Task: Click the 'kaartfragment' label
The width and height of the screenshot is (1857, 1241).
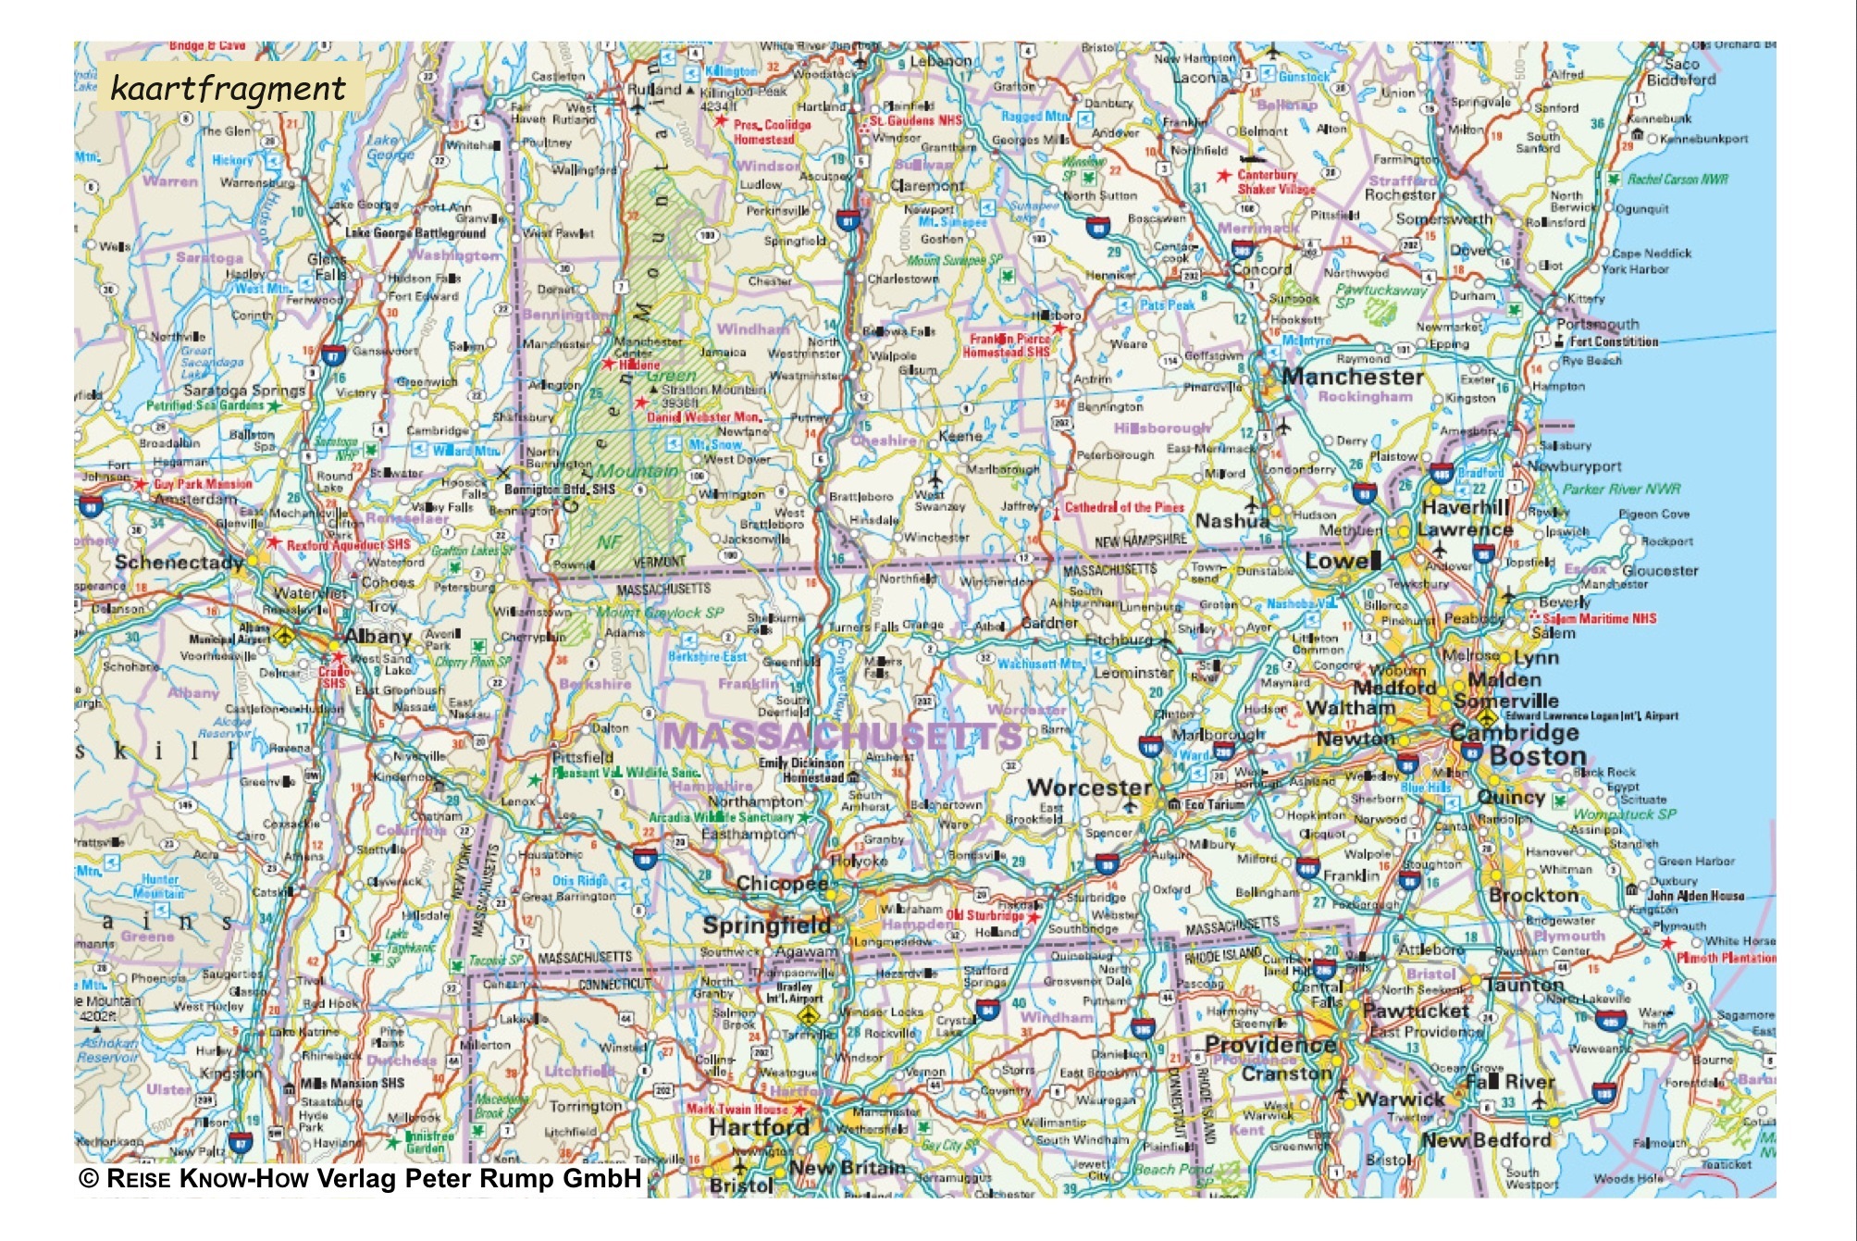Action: coord(228,89)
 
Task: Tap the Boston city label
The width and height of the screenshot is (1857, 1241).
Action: coord(1538,756)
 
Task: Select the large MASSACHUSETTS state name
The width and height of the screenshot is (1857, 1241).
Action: coord(842,736)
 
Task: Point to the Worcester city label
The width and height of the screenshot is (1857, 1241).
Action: coord(1089,788)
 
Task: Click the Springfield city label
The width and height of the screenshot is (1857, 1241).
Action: coord(767,925)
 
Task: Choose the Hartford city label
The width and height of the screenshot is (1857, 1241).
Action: coord(759,1127)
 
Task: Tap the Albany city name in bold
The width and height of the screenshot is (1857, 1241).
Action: coord(378,637)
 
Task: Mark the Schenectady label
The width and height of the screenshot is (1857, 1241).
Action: coord(179,563)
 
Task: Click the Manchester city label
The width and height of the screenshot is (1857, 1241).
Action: coord(1352,377)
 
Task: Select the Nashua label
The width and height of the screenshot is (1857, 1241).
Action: coord(1232,521)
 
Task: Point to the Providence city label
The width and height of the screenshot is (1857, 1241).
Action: coord(1269,1044)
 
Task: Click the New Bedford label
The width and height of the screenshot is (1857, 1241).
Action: coord(1486,1140)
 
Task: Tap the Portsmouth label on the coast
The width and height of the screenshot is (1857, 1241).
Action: coord(1597,324)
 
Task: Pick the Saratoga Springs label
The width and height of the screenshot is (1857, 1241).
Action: coord(243,391)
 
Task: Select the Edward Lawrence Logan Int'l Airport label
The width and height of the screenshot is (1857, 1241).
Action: coord(1591,715)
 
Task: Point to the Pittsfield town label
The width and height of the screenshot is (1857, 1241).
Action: coord(583,757)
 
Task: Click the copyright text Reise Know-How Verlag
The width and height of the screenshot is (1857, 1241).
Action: coord(361,1178)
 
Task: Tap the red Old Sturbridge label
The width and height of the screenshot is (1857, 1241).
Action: coord(985,915)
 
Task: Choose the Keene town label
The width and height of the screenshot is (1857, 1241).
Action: coord(959,435)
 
